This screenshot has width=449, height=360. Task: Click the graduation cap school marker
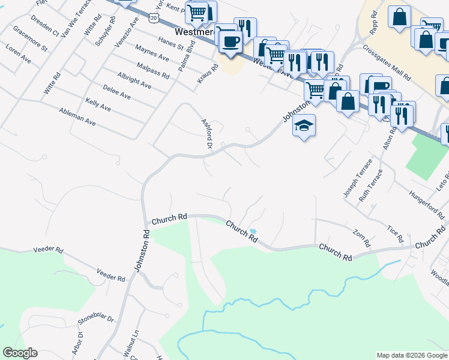(304, 126)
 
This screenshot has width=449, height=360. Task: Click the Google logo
(20, 353)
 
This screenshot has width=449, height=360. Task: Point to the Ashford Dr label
(207, 133)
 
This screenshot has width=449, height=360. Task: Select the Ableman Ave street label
(77, 116)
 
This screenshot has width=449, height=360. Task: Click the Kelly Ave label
(98, 105)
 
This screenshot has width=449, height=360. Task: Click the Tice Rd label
(394, 234)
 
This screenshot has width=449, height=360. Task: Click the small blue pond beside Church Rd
(253, 231)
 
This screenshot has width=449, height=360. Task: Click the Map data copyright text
(412, 355)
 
